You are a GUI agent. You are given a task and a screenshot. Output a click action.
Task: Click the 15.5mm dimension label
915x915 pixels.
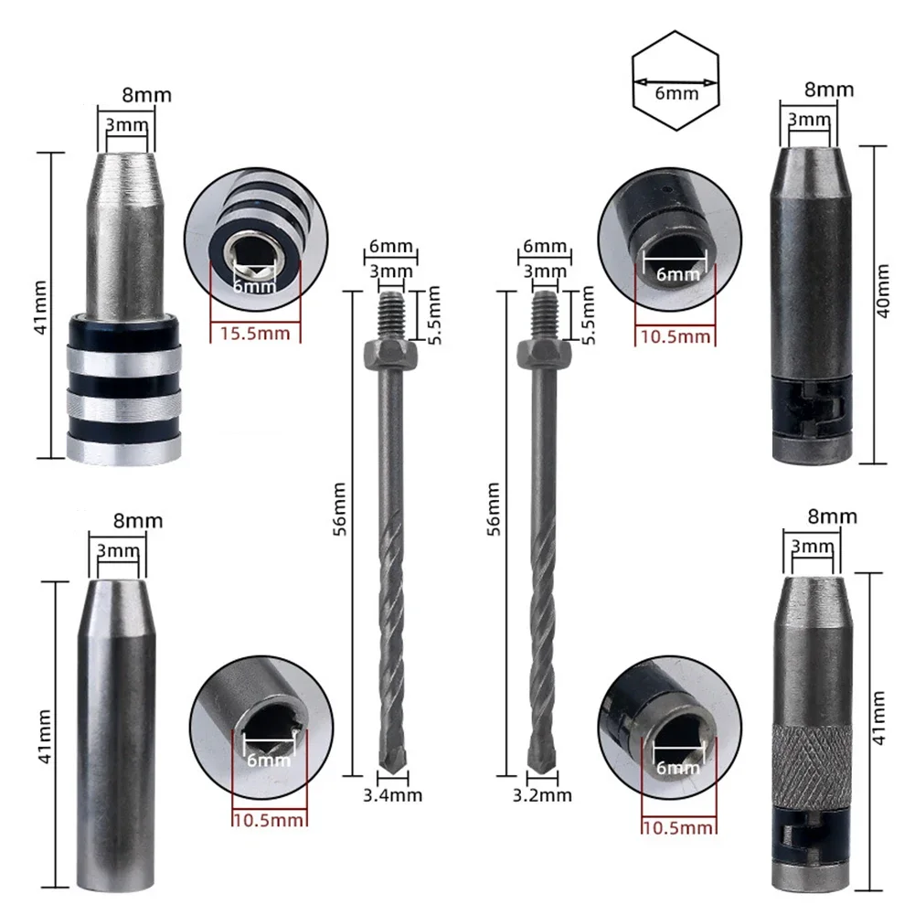pos(255,333)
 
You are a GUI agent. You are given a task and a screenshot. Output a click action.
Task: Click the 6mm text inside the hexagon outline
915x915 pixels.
pos(676,92)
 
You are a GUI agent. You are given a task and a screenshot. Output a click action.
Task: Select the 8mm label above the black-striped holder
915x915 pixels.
pos(146,95)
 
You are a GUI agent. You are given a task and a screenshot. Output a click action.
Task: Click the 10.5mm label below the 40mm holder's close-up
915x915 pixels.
pos(676,336)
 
